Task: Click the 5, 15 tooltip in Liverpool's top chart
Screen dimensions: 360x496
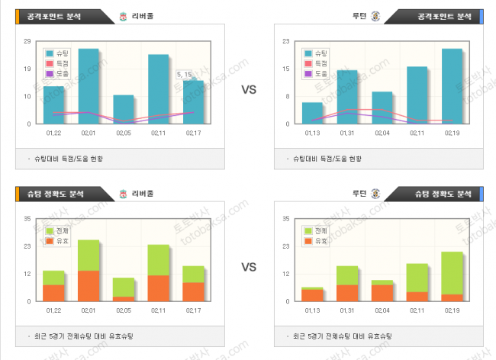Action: tap(185, 75)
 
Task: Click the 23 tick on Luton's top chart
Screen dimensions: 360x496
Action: tap(285, 41)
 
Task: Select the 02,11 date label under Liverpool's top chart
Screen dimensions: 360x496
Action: tap(158, 133)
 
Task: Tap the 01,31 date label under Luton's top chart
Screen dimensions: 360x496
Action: tap(347, 133)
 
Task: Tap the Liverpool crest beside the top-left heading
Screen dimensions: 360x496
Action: tap(123, 17)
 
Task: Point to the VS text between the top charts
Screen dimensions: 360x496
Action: tap(249, 90)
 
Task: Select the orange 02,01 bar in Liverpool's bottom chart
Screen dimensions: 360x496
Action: tap(89, 285)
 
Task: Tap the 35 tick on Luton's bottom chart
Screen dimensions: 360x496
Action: tap(285, 219)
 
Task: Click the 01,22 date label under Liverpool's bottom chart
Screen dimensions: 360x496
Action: tap(53, 310)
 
